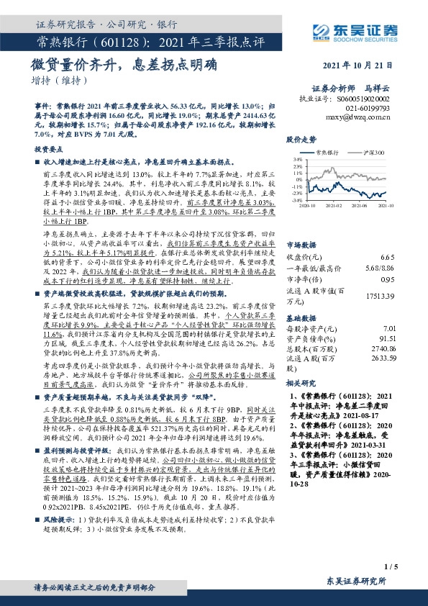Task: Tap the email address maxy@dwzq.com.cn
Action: [358, 114]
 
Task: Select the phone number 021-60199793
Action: [367, 107]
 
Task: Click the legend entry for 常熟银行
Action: [326, 153]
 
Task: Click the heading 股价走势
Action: [301, 138]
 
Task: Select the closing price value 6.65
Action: [388, 256]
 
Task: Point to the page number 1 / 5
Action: [391, 568]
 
